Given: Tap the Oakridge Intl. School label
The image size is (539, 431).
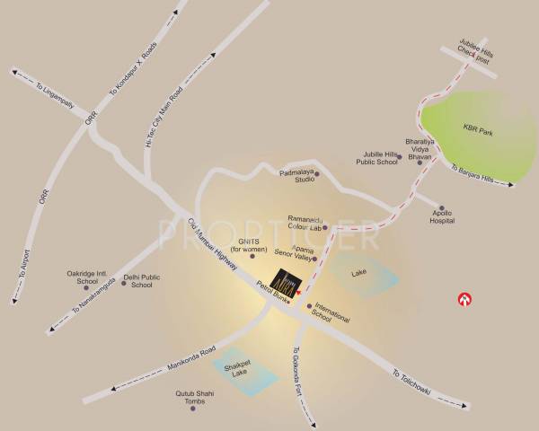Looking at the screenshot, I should [x=87, y=277].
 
